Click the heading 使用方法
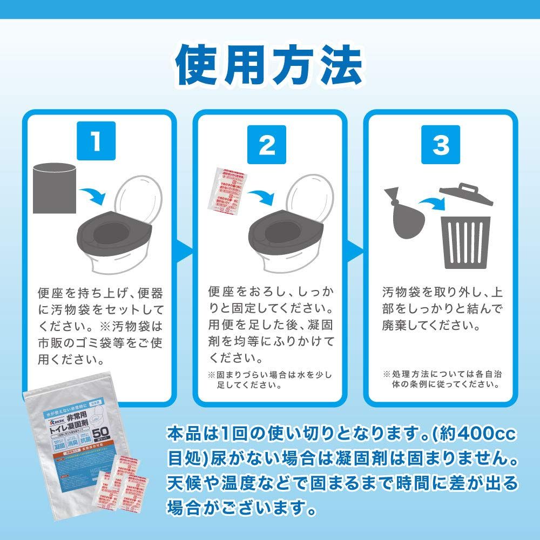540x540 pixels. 268,66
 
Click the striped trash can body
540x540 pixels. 465,242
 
